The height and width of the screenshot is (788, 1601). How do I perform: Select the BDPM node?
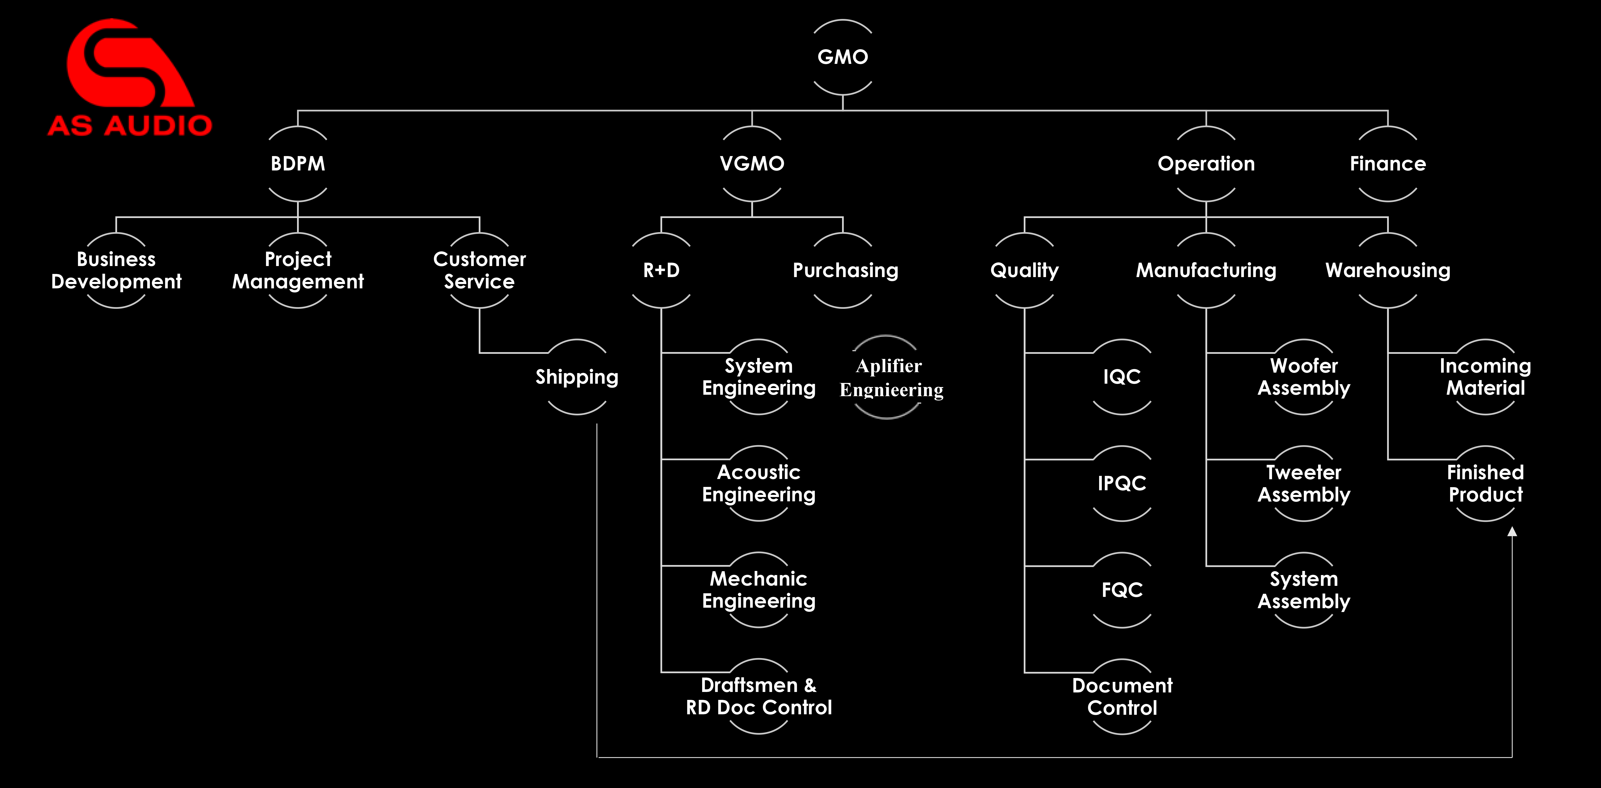coord(298,164)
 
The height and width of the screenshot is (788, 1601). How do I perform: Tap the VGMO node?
coord(752,164)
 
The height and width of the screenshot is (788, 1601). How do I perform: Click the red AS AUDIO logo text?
coord(130,126)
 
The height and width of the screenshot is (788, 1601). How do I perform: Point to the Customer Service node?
coord(479,270)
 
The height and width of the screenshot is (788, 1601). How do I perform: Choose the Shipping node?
coord(577,377)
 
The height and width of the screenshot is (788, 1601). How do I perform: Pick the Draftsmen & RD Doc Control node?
coord(758,696)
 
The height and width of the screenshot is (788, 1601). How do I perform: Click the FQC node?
coord(1122,590)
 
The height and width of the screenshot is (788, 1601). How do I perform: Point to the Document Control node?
coord(1122,696)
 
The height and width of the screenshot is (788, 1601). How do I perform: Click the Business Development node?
coord(116,270)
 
